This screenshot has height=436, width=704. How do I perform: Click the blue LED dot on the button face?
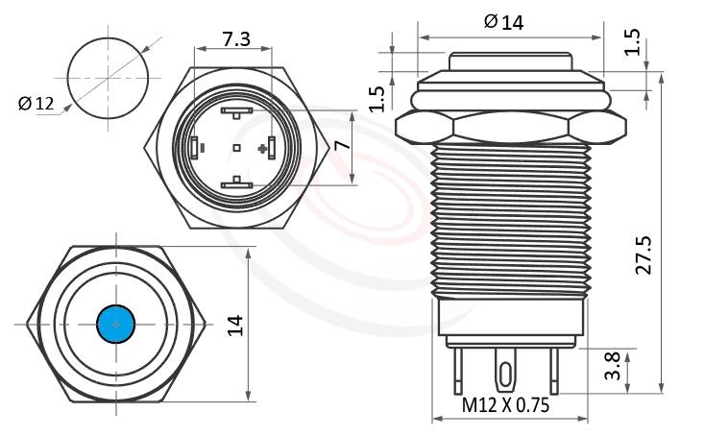[x=116, y=324]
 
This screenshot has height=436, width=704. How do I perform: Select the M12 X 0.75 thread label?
[x=505, y=405]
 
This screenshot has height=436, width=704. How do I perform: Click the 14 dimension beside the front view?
[x=234, y=325]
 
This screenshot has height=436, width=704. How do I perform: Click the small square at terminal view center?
[x=236, y=148]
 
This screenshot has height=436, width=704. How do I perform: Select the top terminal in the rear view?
[x=236, y=112]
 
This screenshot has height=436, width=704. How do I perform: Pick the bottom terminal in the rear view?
[x=236, y=183]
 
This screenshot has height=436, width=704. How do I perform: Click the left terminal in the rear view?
[x=196, y=148]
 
